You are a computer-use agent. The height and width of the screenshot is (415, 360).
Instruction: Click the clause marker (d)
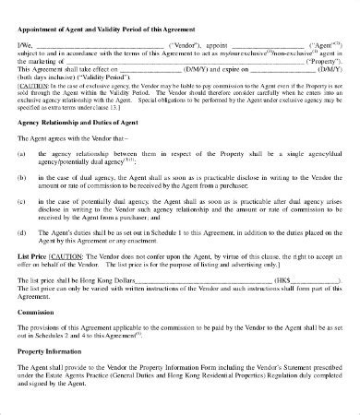pos(20,234)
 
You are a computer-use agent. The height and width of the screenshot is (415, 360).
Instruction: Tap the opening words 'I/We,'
pos(25,44)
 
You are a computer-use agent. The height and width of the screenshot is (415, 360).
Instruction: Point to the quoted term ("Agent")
pos(322,44)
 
